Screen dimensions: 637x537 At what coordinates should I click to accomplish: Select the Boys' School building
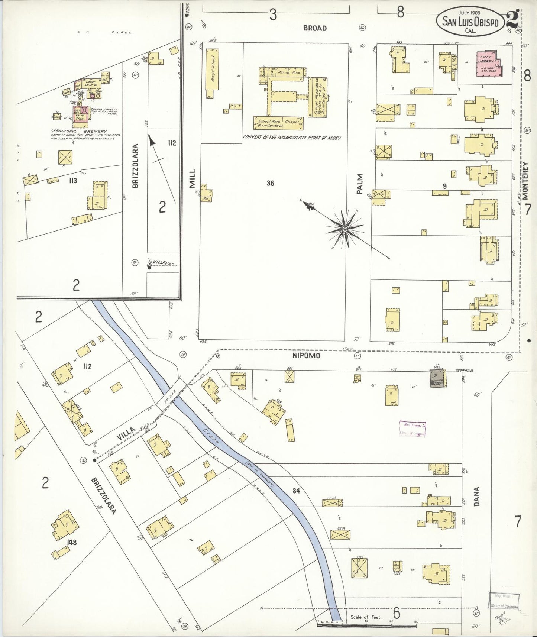212,73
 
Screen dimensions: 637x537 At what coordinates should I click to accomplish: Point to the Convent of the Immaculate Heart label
292,137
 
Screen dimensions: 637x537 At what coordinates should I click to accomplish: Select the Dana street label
477,496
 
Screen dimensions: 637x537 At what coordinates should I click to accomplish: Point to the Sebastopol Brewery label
78,131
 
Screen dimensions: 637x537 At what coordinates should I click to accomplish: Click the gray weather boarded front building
437,378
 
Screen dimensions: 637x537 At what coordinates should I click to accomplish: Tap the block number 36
270,183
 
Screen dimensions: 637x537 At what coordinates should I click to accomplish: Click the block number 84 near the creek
296,491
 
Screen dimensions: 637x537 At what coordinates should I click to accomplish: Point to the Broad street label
314,28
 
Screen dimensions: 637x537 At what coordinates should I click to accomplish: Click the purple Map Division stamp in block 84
412,429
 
